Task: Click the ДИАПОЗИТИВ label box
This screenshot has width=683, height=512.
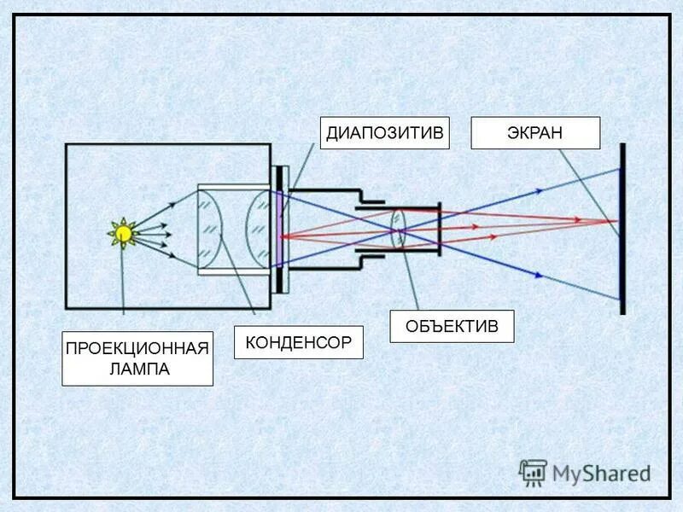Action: click(x=385, y=133)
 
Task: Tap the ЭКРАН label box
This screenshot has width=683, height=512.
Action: click(x=536, y=133)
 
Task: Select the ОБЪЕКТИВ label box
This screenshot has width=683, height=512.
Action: click(x=452, y=326)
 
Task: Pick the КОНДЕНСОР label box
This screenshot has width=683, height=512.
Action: click(x=298, y=342)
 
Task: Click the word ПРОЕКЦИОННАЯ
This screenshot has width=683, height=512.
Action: click(x=137, y=349)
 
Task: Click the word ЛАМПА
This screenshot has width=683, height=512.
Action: click(x=137, y=369)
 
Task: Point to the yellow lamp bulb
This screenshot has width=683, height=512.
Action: click(x=124, y=232)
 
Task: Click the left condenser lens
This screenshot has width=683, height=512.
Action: click(x=211, y=230)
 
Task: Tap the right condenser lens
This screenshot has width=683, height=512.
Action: click(x=259, y=230)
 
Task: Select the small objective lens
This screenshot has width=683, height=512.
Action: click(x=399, y=229)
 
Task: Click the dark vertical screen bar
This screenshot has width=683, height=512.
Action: click(x=623, y=229)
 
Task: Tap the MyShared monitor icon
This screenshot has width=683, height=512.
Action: click(x=533, y=472)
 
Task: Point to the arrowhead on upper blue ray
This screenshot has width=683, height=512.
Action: click(x=538, y=191)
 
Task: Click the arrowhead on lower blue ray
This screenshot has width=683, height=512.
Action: click(x=538, y=274)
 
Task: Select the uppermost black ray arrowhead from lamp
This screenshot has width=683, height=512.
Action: click(x=172, y=203)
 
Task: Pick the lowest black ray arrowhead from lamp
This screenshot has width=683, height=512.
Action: click(x=172, y=255)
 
